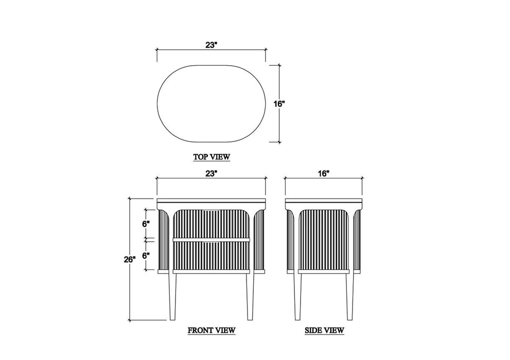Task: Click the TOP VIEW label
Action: (x=212, y=157)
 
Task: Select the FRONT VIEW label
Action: (x=212, y=331)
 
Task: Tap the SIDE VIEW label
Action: (x=324, y=331)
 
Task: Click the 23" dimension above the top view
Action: (x=211, y=45)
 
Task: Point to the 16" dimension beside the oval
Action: (x=279, y=104)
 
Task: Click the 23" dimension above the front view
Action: (x=211, y=173)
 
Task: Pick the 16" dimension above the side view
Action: (x=324, y=173)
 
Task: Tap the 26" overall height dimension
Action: (x=129, y=260)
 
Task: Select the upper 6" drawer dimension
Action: (x=146, y=224)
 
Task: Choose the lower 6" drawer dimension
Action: (x=146, y=256)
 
